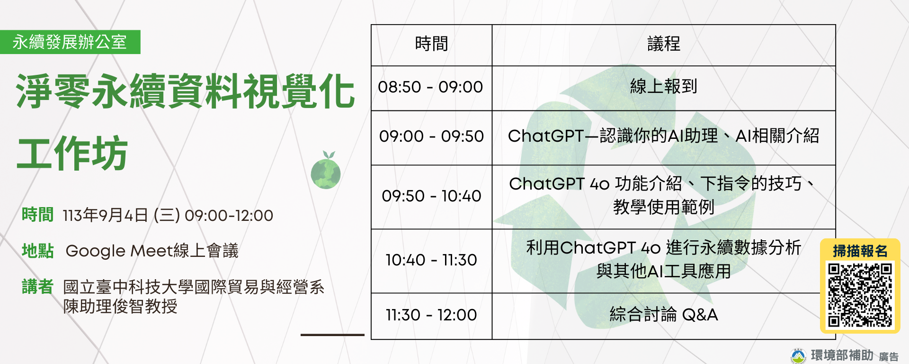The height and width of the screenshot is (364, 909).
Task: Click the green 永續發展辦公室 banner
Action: [x=70, y=42]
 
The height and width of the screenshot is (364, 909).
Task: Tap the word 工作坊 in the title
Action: [x=72, y=153]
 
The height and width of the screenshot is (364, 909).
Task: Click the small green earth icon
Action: [x=326, y=172]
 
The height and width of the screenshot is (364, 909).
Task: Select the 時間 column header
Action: [x=431, y=45]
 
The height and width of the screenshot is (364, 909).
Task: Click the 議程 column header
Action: [x=663, y=45]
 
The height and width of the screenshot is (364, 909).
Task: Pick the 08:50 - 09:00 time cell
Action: [x=430, y=87]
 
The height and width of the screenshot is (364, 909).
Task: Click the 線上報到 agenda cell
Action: [x=663, y=87]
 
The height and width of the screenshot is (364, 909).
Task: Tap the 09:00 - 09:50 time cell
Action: [x=431, y=136]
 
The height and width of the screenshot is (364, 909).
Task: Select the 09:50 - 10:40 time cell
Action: [x=431, y=196]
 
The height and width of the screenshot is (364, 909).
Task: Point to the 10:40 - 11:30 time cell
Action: [x=431, y=260]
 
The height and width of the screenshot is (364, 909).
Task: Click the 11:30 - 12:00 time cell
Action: [x=431, y=315]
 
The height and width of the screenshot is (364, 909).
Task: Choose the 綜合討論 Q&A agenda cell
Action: [x=663, y=315]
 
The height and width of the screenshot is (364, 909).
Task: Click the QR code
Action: [x=859, y=295]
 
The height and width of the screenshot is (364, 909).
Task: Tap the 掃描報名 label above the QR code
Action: [x=860, y=251]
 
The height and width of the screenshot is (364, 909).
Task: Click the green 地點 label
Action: [x=37, y=251]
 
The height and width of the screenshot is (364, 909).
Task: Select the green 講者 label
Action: [x=37, y=287]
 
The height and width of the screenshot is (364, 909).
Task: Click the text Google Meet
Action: [x=118, y=251]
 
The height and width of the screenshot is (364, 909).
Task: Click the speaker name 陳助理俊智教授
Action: [x=120, y=307]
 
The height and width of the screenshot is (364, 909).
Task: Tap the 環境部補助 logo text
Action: [x=841, y=355]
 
